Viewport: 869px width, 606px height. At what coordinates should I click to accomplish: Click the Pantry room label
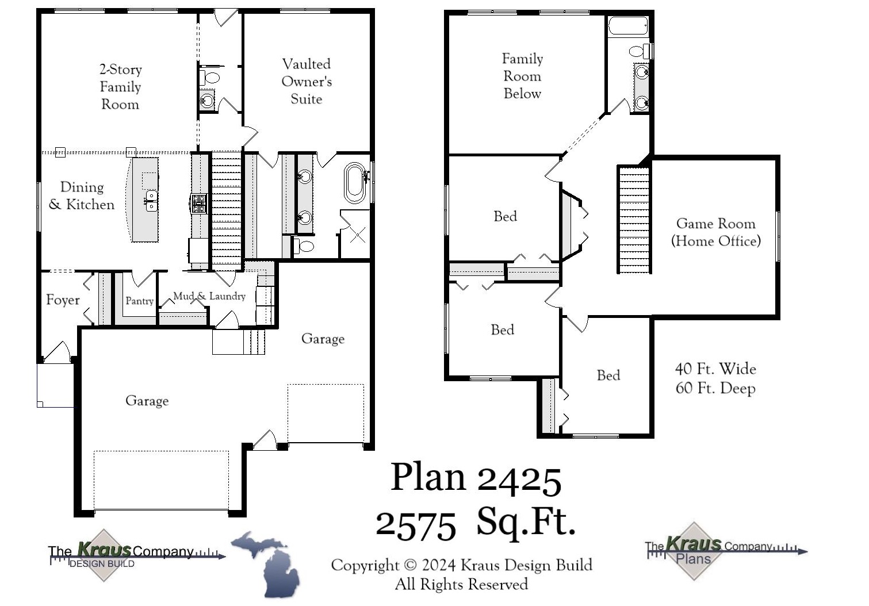pos(139,301)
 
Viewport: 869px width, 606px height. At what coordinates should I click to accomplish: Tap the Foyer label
pos(63,300)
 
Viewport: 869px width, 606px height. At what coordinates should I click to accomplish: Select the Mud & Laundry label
pos(209,296)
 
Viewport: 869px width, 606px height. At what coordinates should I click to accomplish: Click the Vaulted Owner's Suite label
pos(307,81)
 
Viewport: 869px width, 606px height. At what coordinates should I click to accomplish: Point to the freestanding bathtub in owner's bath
pos(355,183)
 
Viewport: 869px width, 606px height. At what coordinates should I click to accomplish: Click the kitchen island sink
pos(151,201)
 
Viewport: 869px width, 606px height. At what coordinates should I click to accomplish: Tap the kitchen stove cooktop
pos(198,204)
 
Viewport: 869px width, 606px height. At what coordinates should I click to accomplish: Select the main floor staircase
pos(227,210)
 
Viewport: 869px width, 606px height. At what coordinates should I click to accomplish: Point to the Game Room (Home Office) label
pos(715,232)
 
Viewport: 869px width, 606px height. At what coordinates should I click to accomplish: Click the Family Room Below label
pos(522,76)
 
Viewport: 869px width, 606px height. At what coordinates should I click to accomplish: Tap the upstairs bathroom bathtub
pos(628,26)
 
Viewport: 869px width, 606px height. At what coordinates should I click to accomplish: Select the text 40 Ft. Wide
pos(715,369)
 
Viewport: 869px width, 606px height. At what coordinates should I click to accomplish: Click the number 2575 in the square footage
pos(416,524)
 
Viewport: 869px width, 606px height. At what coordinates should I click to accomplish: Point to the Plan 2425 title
pos(476,478)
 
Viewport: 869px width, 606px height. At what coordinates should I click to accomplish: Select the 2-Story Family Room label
pos(120,87)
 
